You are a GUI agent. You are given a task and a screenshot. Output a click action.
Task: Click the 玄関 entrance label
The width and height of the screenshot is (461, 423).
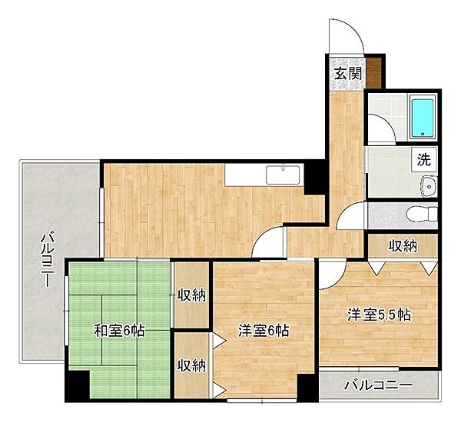pyautogui.click(x=348, y=74)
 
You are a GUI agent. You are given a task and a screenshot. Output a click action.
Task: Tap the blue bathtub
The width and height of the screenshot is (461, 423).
pyautogui.click(x=422, y=118)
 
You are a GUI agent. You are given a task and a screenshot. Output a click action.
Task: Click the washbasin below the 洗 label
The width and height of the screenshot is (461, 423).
pyautogui.click(x=427, y=184)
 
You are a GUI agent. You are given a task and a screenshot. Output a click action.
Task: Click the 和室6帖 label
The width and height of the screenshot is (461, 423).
pyautogui.click(x=119, y=331)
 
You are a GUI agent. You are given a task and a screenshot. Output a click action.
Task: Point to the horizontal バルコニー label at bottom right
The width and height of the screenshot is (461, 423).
pyautogui.click(x=378, y=385)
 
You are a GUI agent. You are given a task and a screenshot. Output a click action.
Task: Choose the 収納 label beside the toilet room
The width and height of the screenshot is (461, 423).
pyautogui.click(x=402, y=246)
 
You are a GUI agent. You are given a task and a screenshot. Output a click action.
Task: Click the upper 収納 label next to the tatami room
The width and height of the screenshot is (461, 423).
pyautogui.click(x=191, y=295)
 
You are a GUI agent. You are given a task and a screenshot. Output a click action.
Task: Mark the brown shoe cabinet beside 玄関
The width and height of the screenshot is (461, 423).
pyautogui.click(x=374, y=72)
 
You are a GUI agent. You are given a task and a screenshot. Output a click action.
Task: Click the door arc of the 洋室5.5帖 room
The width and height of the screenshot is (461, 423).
pyautogui.click(x=330, y=271)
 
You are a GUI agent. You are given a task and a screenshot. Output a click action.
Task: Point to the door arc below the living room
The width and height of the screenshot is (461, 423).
pyautogui.click(x=270, y=242)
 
